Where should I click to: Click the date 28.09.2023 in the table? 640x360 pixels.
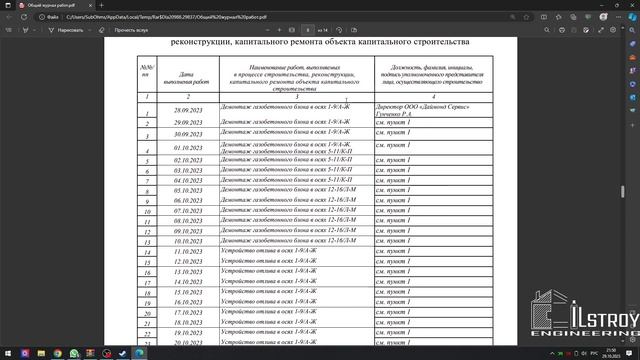[x=188, y=110]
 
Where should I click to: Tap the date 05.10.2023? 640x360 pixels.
[x=188, y=190]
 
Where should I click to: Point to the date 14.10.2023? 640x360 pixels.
[x=188, y=282]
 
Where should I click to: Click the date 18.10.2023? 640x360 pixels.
[x=188, y=323]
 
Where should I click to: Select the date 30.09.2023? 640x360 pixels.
[x=188, y=133]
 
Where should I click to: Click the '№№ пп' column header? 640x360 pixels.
[x=146, y=72]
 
